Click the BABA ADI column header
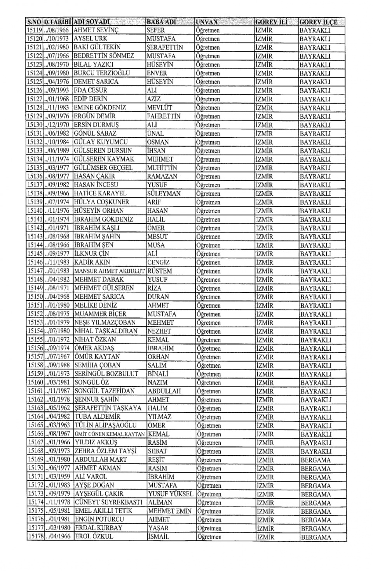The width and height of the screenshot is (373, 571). (161, 22)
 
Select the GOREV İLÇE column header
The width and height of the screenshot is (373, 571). (318, 22)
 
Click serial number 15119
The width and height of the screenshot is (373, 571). (34, 30)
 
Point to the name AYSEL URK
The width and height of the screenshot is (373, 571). (90, 39)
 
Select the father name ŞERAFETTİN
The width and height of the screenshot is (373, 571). (165, 47)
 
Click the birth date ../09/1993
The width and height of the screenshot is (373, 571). (58, 91)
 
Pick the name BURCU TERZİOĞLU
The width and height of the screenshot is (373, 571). (102, 73)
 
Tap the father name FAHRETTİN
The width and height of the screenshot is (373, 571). (164, 116)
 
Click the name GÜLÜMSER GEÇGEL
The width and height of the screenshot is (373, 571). (103, 168)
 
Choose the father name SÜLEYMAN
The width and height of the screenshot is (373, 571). (162, 193)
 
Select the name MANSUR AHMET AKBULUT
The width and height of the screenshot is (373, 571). (109, 271)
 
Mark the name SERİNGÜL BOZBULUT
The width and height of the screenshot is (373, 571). (106, 374)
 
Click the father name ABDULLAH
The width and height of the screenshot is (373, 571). (164, 391)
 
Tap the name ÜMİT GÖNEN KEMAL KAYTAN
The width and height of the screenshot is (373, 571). (110, 434)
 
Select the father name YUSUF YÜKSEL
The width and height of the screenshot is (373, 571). (170, 494)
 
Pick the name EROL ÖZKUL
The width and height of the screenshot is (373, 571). (94, 537)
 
